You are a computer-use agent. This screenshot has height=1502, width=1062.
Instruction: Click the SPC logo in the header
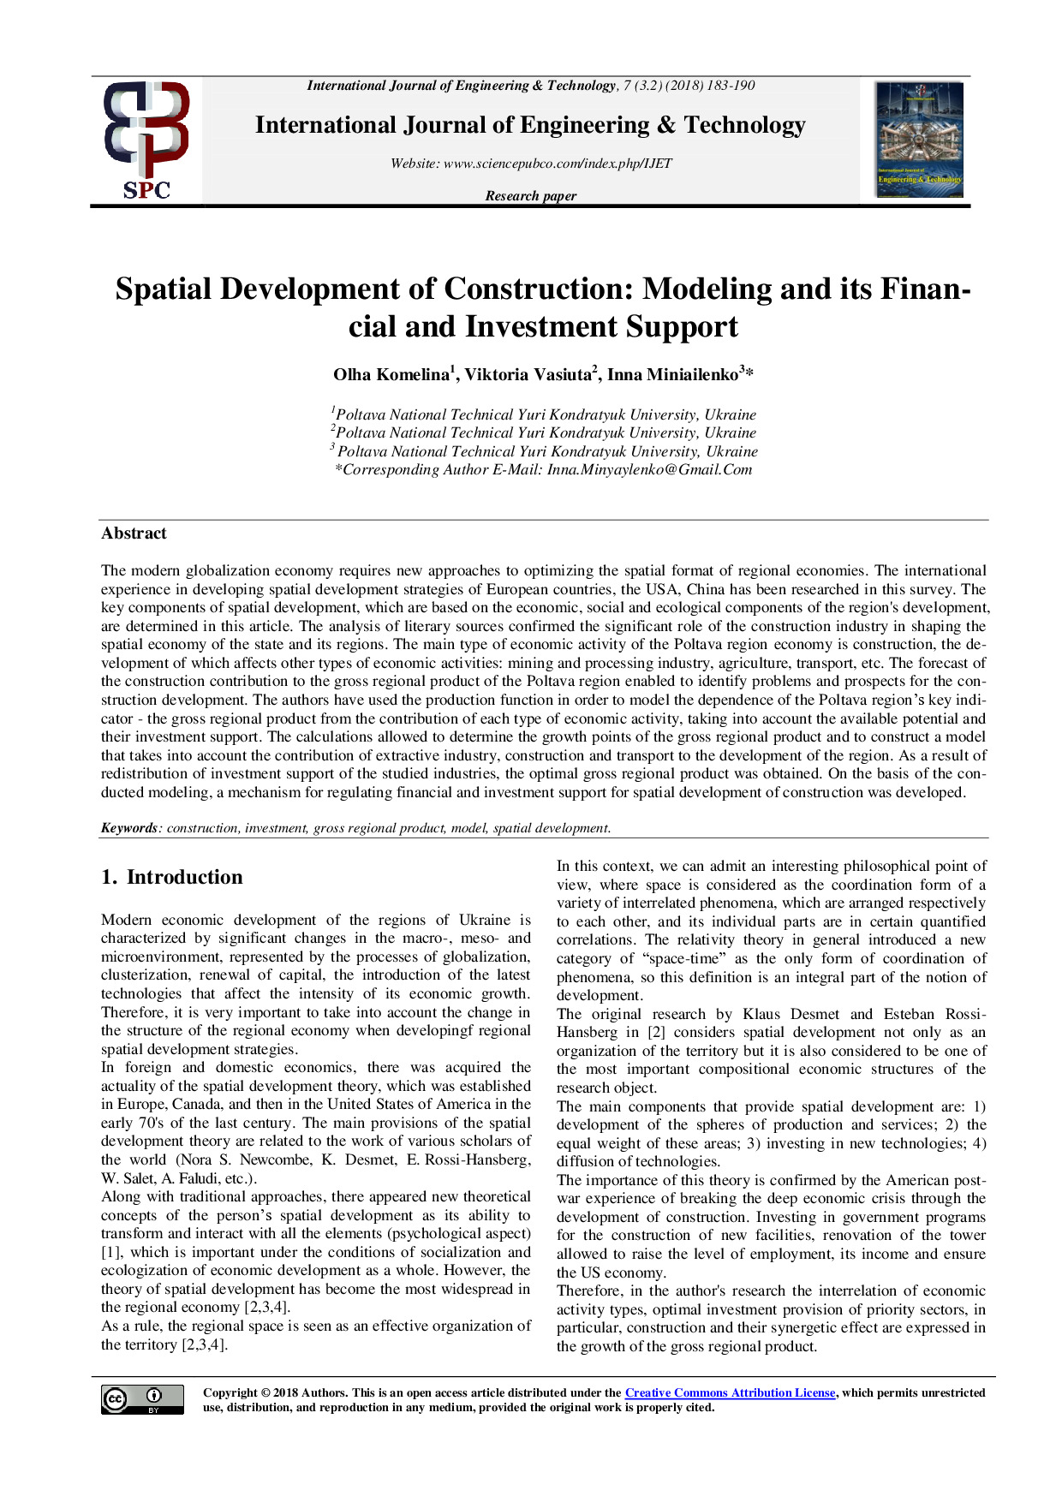pos(146,140)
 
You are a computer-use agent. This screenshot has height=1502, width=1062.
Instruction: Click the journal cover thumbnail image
pos(920,140)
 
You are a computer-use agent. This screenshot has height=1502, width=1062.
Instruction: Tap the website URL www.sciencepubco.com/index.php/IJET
pos(558,164)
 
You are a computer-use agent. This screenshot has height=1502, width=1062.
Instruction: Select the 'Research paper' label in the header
pos(530,196)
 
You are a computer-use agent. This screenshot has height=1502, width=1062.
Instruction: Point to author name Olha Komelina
pos(391,374)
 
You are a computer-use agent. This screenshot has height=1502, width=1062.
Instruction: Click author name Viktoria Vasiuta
pos(528,374)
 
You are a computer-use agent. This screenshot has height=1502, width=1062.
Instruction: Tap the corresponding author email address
pos(649,469)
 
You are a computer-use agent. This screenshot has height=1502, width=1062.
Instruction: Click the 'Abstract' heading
pos(134,533)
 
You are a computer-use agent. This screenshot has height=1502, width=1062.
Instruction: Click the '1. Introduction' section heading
pos(171,877)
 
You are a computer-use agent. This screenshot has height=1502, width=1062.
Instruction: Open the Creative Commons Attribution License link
pos(730,1393)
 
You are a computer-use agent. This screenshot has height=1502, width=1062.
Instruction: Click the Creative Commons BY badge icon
pos(142,1399)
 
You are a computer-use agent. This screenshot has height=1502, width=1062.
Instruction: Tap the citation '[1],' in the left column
pos(112,1252)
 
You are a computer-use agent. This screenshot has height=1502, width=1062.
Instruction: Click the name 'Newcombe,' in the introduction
pos(276,1159)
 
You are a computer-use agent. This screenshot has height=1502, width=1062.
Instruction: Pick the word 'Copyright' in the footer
pos(230,1393)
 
